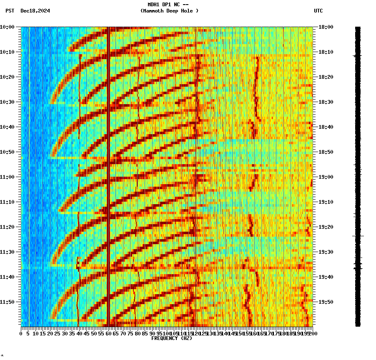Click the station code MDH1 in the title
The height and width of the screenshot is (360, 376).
point(154,5)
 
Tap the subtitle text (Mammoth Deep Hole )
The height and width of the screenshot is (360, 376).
point(170,11)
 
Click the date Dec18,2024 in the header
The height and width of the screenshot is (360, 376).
point(35,11)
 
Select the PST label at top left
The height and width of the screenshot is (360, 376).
point(10,11)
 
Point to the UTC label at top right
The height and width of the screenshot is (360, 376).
point(318,11)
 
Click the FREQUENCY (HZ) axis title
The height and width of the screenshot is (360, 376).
point(172,338)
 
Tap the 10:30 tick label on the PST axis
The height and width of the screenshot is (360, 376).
point(7,102)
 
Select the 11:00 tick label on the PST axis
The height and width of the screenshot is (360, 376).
point(7,177)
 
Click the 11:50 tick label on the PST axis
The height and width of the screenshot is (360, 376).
point(7,302)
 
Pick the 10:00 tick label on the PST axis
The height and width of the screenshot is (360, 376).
point(7,27)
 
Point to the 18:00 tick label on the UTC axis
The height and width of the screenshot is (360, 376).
point(326,27)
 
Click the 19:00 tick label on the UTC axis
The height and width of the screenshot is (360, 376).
point(326,177)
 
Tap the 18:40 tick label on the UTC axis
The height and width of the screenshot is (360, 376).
point(326,127)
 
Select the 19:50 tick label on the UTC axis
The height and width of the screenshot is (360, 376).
point(326,302)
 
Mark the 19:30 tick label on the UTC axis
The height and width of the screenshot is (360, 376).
point(326,252)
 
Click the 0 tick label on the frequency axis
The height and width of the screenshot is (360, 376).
point(21,333)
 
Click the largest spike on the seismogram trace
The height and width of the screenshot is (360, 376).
point(358,236)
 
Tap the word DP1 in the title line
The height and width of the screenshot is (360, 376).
point(167,5)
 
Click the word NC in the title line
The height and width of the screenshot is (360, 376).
point(177,5)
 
